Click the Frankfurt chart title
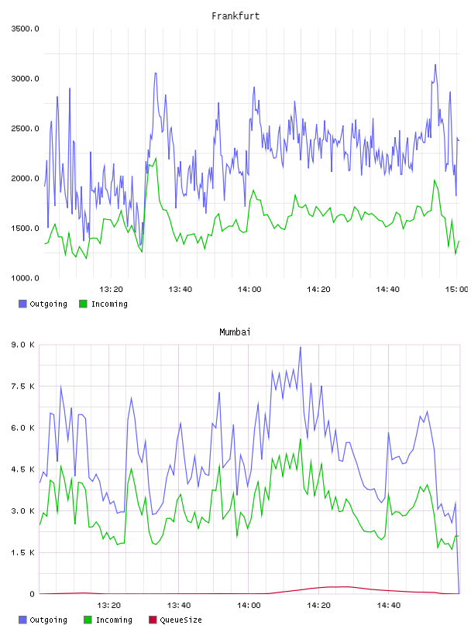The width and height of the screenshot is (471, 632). point(235,16)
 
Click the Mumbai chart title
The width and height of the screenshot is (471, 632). point(235,332)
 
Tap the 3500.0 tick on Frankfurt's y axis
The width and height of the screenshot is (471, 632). point(25,29)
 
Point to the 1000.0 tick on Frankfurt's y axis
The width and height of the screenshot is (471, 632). point(25,278)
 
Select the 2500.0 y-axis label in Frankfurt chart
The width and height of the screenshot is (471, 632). point(25,129)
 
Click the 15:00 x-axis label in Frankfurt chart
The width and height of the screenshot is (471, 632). point(456,290)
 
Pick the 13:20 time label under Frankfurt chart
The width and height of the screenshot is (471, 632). point(111,290)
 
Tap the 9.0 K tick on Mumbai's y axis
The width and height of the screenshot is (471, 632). point(23,345)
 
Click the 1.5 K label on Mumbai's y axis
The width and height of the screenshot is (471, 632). point(23,552)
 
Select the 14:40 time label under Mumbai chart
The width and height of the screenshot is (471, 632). point(388,606)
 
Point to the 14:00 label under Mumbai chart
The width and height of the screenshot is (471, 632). point(249,606)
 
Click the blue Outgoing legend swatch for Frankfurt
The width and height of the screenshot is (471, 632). point(22,304)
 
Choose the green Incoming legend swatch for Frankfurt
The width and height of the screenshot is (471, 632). point(83,304)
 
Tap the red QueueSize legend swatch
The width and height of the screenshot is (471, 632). point(153,620)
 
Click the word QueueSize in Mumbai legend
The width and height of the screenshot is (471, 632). point(180,620)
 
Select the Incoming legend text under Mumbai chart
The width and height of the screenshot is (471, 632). point(114,620)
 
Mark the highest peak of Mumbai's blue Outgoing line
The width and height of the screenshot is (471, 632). point(300,347)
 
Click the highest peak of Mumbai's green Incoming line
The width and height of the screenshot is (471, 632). point(301,439)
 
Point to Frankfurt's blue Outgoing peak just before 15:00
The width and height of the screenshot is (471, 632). point(435,64)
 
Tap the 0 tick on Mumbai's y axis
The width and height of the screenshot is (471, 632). point(32,594)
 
